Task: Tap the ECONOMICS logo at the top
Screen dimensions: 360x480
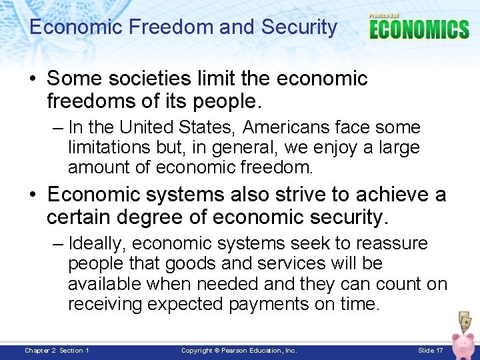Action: tap(419, 29)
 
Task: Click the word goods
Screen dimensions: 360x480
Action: tap(191, 264)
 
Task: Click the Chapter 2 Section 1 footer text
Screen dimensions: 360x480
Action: tap(57, 351)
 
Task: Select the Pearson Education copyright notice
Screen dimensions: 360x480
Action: tap(239, 351)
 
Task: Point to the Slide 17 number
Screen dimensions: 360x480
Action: tap(430, 351)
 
